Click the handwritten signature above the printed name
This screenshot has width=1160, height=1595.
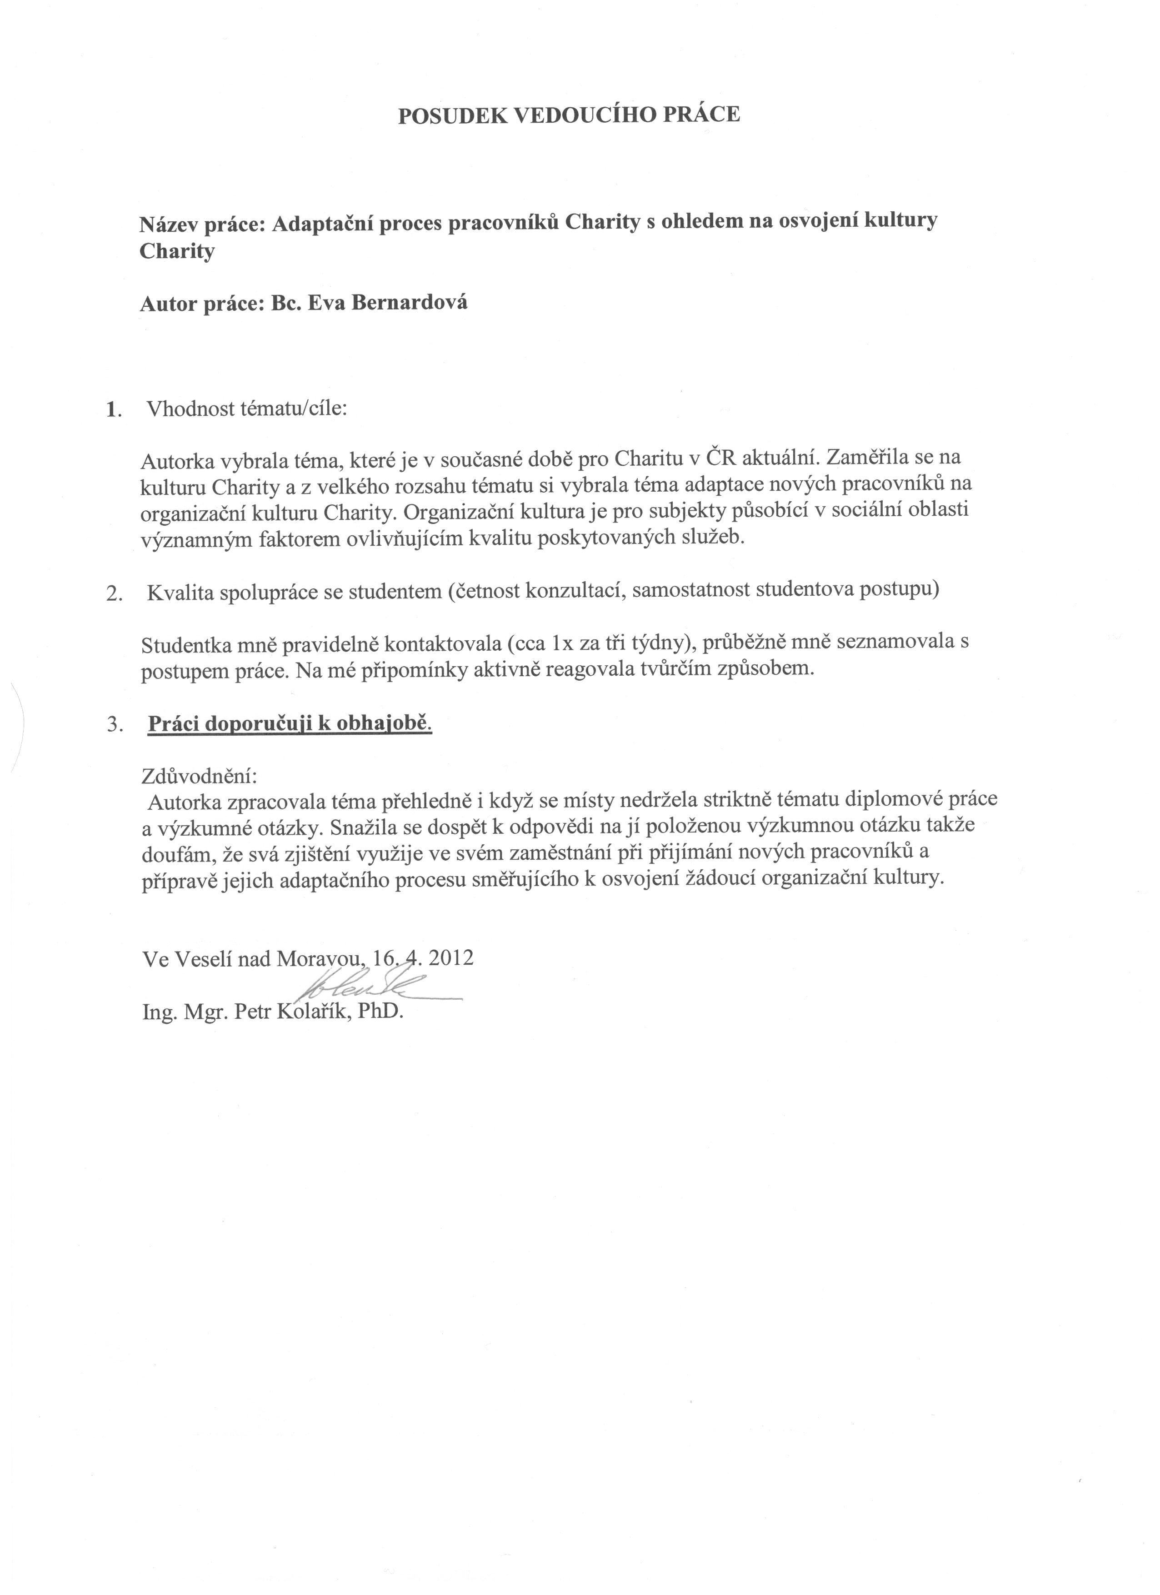click(x=373, y=987)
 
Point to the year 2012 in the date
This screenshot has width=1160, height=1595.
click(x=450, y=958)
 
